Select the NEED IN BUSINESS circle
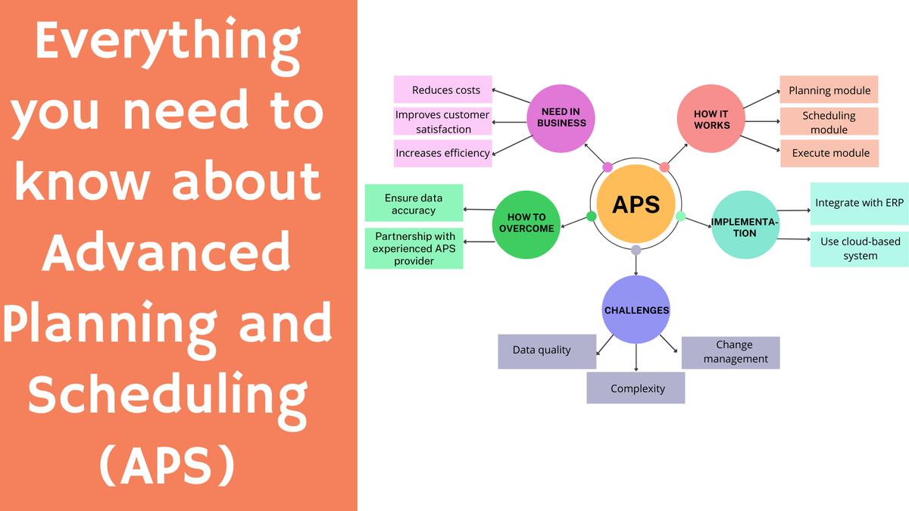click(x=563, y=117)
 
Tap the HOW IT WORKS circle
click(x=711, y=119)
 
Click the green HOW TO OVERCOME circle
click(x=526, y=223)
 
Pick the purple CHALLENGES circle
click(x=636, y=310)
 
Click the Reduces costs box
click(x=443, y=90)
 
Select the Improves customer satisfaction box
click(x=443, y=122)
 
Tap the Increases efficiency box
click(x=443, y=153)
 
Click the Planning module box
click(x=829, y=90)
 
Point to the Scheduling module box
click(x=829, y=122)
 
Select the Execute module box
click(x=829, y=153)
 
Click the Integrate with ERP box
click(x=859, y=203)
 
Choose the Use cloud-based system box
click(x=859, y=248)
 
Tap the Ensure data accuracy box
click(x=414, y=204)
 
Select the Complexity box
click(x=636, y=388)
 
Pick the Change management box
click(x=730, y=352)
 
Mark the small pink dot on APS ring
click(x=608, y=167)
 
